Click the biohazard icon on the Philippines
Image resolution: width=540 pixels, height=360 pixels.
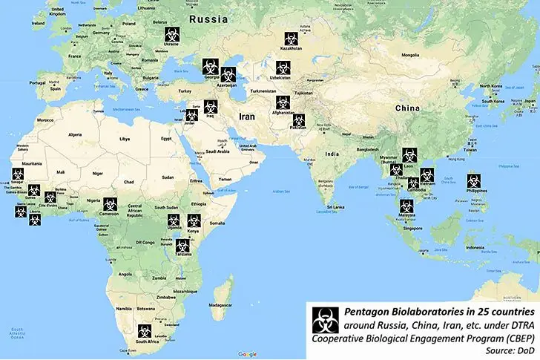[472, 181]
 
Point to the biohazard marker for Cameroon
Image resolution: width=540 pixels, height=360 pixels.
[111, 203]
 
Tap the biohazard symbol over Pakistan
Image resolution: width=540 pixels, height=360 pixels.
[298, 120]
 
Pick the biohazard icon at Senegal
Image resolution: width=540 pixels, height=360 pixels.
[17, 174]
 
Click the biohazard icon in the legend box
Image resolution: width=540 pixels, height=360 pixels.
[325, 321]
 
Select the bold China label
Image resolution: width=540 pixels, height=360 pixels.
[407, 108]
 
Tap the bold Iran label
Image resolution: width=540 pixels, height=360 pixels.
[247, 117]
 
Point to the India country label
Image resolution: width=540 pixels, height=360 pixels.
[332, 154]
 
